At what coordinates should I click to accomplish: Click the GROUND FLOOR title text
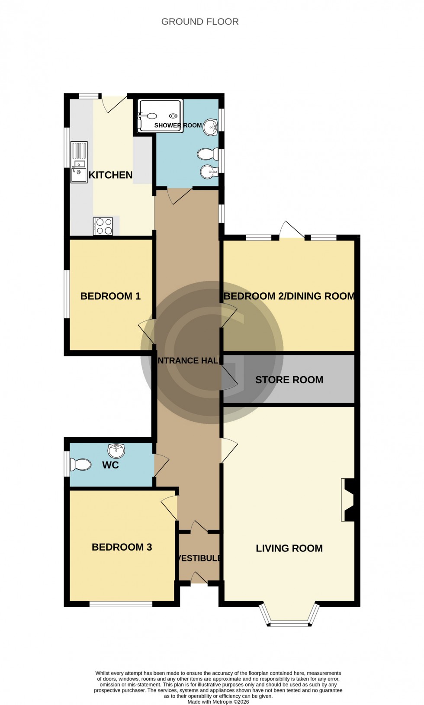(200, 22)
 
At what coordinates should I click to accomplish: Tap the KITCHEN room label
(110, 175)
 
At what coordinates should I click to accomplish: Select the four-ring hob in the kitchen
(103, 226)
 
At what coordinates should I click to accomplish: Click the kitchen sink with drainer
(79, 162)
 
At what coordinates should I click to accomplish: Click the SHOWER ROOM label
(178, 125)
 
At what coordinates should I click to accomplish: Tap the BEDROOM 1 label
(110, 296)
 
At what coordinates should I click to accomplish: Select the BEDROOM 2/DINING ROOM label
(289, 296)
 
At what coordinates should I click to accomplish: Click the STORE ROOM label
(289, 380)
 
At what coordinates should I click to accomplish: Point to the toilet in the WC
(80, 465)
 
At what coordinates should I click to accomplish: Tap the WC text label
(110, 465)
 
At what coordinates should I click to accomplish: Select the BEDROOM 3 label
(122, 547)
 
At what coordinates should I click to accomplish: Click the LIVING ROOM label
(289, 548)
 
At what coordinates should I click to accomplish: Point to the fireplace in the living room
(348, 500)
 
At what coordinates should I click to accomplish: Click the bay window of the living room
(289, 623)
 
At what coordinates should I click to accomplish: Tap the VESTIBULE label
(199, 558)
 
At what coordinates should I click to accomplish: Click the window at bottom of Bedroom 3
(121, 604)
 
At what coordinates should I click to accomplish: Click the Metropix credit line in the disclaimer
(218, 702)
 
